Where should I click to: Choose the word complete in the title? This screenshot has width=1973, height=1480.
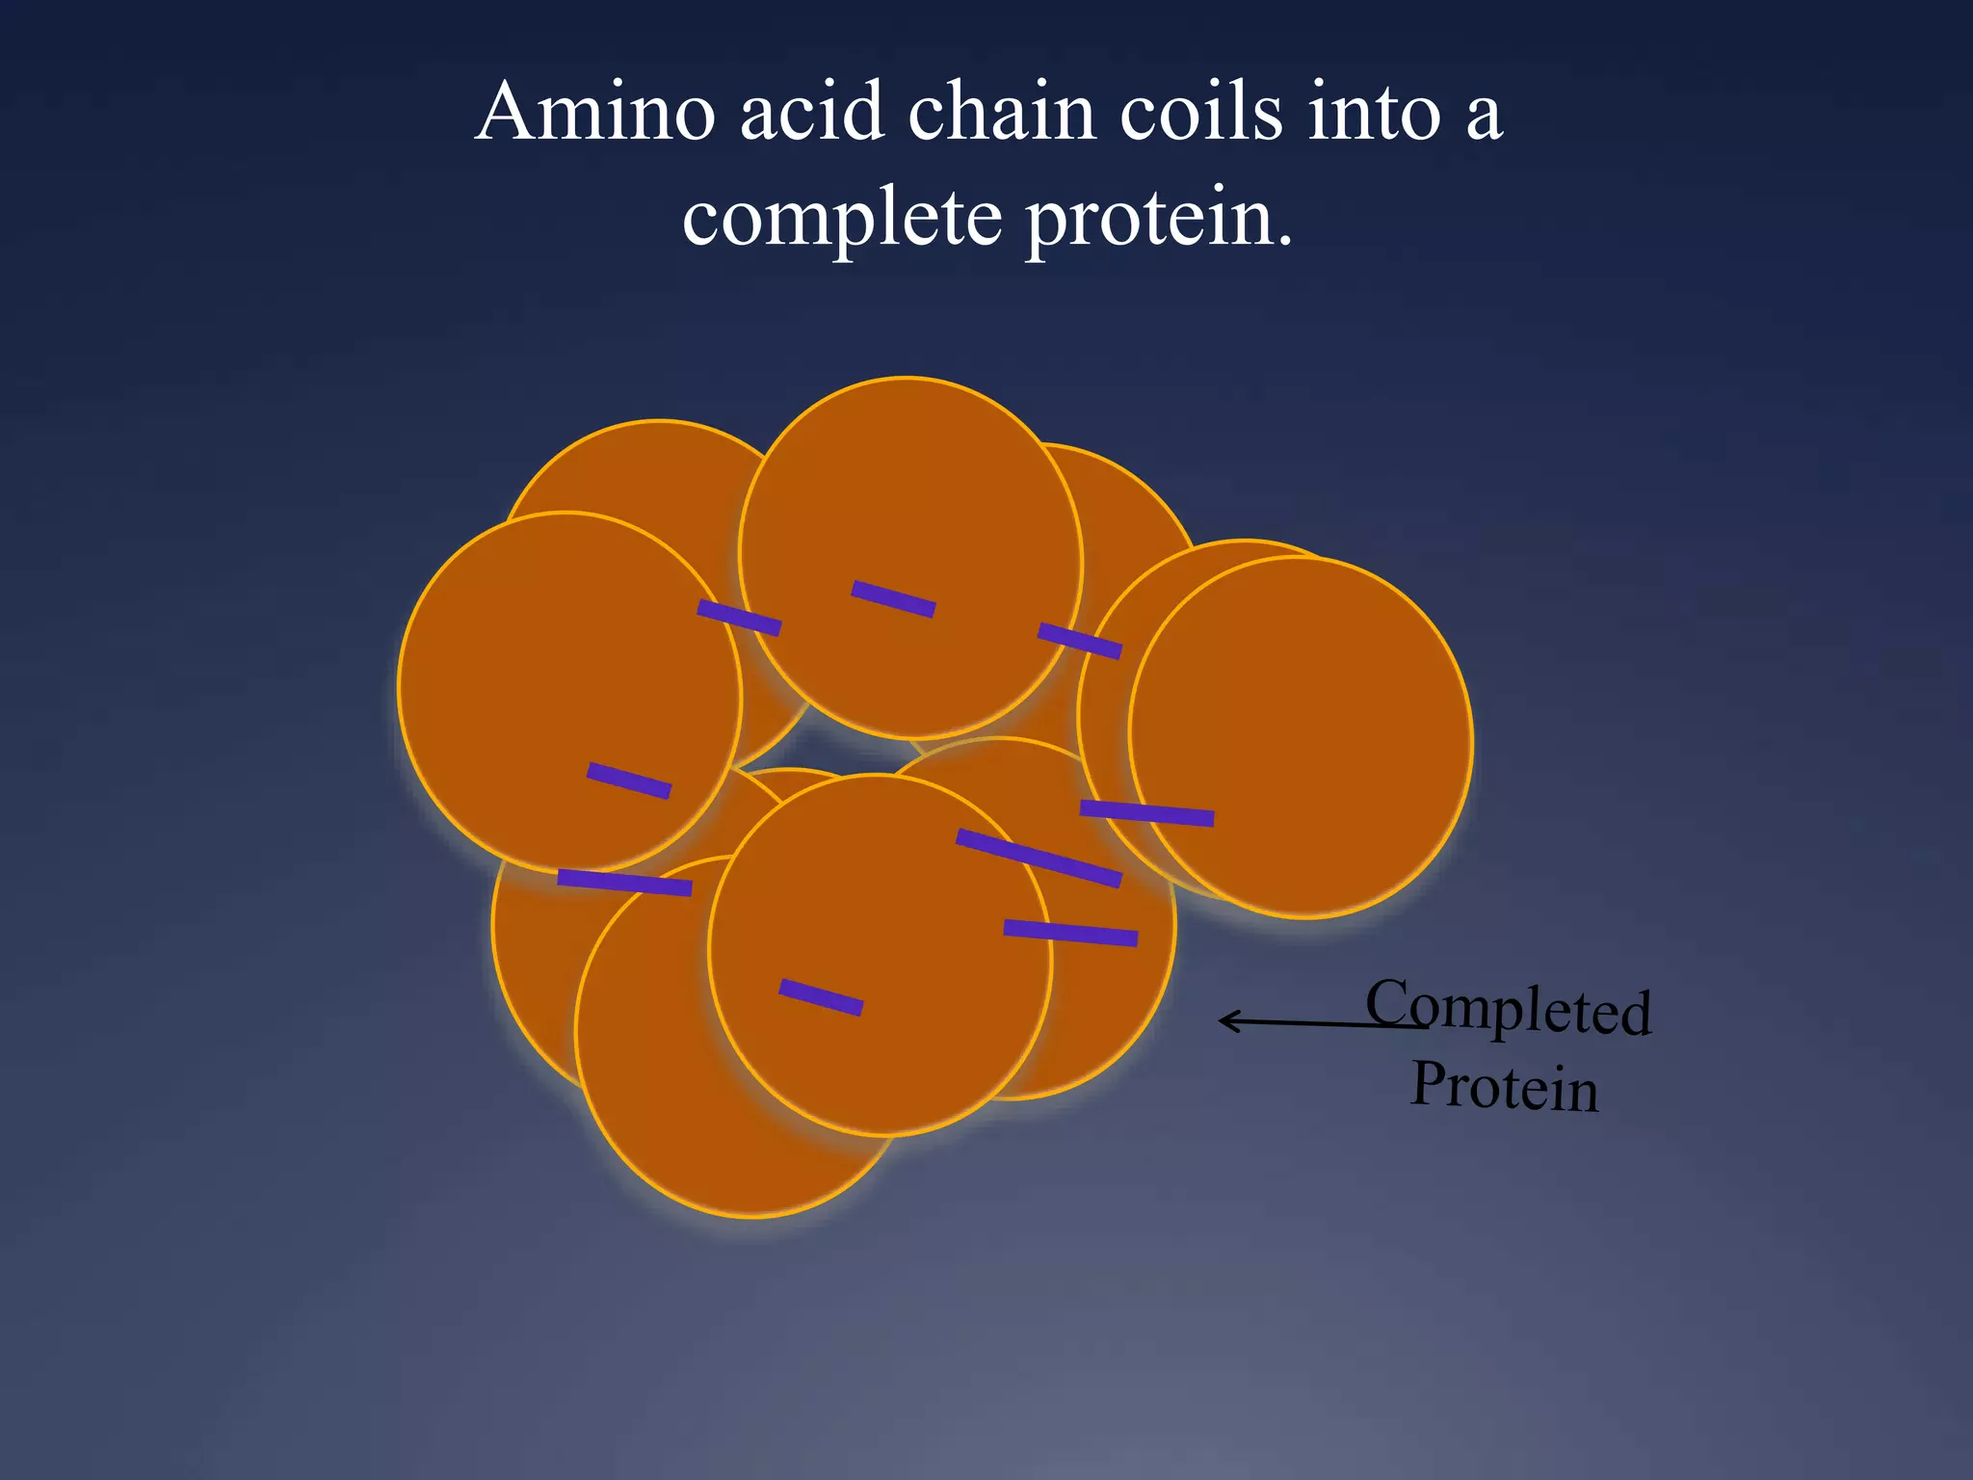point(842,220)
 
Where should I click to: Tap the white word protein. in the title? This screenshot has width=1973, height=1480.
point(1159,220)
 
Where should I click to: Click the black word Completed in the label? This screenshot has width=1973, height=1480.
point(1509,1007)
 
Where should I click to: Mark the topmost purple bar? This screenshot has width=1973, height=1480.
point(893,598)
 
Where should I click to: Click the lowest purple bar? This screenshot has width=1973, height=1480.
point(821,997)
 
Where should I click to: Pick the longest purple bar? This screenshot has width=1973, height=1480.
point(1039,858)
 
